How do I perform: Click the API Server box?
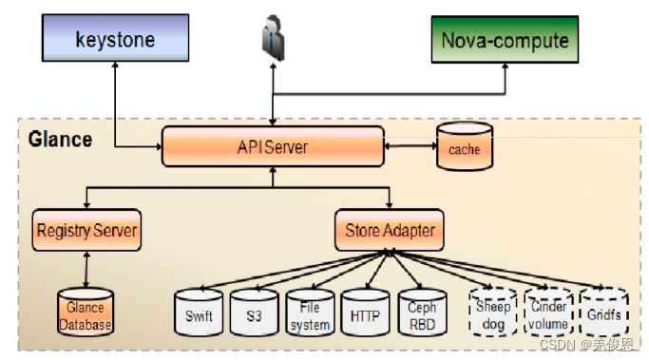272,146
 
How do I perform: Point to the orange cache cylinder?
465,149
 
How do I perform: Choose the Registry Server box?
86,231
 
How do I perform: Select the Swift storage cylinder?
200,313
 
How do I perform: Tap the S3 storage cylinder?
254,313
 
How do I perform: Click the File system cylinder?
310,313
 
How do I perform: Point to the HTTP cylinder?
365,313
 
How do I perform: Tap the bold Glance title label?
60,140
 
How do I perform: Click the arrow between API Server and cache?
410,147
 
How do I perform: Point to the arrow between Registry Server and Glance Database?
86,270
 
